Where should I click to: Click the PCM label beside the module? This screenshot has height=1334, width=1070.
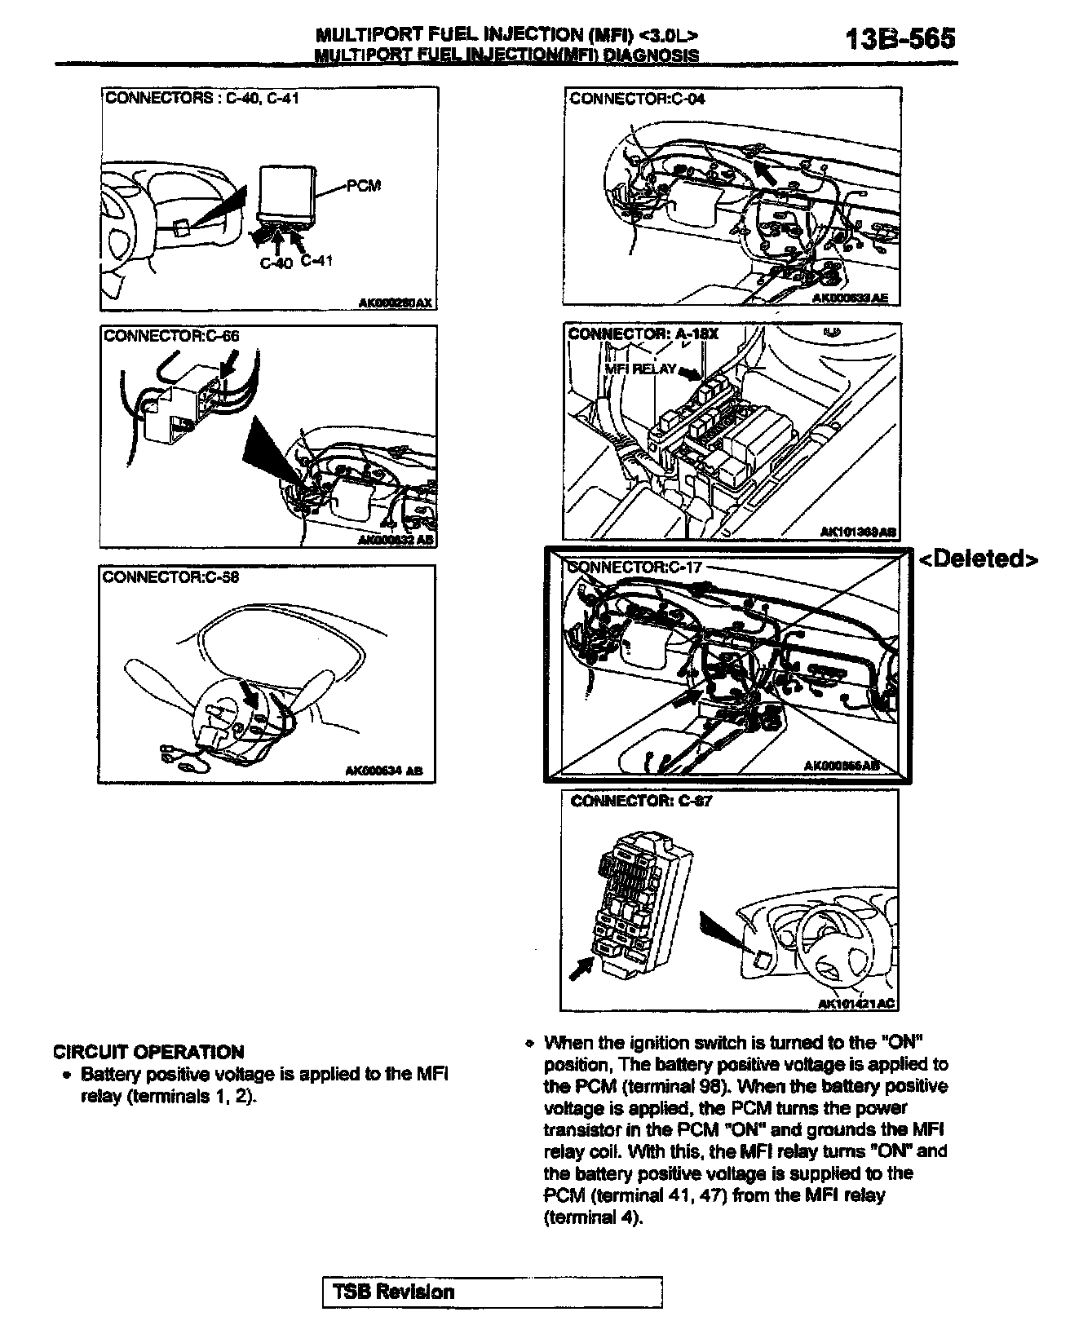click(364, 185)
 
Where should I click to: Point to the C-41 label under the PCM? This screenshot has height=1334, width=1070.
click(317, 261)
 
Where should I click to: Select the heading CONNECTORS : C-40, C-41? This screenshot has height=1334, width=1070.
click(201, 99)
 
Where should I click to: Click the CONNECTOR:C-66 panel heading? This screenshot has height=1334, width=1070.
click(172, 335)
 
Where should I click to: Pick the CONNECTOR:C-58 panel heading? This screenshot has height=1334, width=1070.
click(170, 576)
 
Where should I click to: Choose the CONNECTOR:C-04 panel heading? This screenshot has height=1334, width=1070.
click(637, 99)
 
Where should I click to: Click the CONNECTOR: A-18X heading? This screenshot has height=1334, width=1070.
click(643, 333)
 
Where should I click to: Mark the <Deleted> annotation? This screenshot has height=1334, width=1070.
click(979, 559)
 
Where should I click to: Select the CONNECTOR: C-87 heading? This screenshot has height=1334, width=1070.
click(641, 801)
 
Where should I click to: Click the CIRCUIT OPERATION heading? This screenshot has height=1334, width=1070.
click(148, 1052)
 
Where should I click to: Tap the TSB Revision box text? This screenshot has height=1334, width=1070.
click(393, 1292)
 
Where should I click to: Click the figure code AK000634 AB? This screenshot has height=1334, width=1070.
click(382, 770)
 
